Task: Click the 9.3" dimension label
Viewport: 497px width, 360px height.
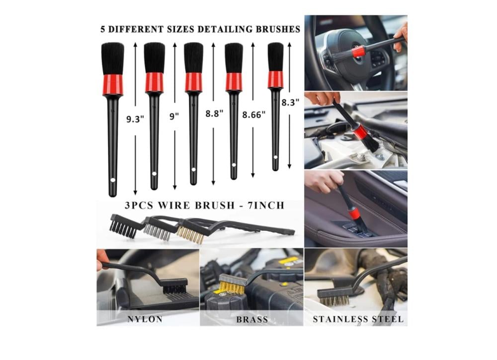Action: [x=135, y=119]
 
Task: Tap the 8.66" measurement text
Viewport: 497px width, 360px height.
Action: [x=254, y=115]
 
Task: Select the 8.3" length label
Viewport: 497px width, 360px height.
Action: [x=290, y=102]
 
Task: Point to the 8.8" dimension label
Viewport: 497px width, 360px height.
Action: [x=214, y=113]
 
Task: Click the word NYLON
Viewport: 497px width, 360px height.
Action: [x=145, y=319]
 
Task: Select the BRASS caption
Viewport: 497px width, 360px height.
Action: [x=252, y=319]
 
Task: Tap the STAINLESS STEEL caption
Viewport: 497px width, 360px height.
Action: [x=358, y=319]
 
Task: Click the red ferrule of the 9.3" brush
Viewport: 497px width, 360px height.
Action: [x=112, y=84]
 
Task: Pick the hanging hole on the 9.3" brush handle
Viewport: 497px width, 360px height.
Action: [x=112, y=180]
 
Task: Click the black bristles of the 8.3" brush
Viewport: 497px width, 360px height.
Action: [x=275, y=57]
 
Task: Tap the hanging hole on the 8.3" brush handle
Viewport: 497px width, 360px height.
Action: [x=275, y=157]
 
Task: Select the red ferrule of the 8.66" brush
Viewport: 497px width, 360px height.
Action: [x=234, y=82]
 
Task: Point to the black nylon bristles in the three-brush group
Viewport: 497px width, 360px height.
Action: [x=123, y=229]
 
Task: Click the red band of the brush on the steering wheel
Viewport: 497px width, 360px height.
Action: [x=358, y=51]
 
